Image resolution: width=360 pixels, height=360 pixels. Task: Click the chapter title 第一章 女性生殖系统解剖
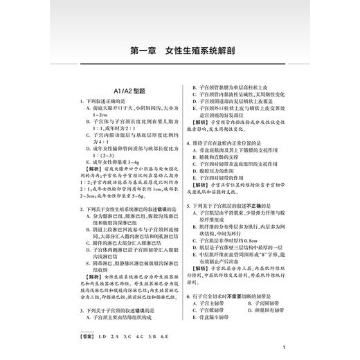coord(179,51)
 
